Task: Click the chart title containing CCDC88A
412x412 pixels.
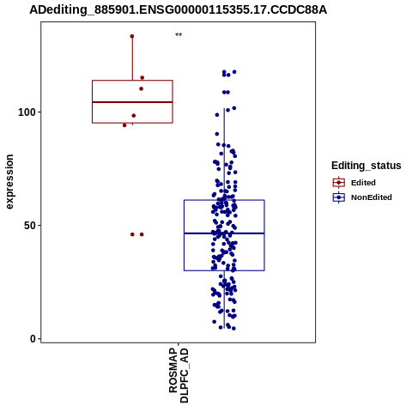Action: (178, 10)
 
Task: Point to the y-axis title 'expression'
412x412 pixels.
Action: (9, 182)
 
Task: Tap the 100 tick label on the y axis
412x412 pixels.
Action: (27, 112)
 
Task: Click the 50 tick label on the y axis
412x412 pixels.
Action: (30, 226)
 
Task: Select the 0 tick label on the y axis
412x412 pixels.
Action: (33, 339)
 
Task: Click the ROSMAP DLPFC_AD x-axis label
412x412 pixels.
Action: (179, 375)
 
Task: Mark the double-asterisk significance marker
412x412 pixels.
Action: (179, 35)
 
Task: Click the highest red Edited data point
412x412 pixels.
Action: (132, 36)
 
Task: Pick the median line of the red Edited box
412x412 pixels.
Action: (132, 102)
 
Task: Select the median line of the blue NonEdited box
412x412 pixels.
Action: (224, 233)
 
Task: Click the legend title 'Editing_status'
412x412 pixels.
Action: (367, 166)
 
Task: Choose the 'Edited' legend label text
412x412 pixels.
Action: (363, 183)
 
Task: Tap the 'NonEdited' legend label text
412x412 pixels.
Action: (372, 197)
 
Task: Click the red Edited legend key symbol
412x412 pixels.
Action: (339, 183)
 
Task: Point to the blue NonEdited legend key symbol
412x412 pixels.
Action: (339, 197)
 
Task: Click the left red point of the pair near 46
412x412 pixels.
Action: (132, 234)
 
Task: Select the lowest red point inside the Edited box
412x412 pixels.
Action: (134, 116)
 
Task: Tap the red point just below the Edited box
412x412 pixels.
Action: (124, 125)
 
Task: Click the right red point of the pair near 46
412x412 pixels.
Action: (142, 234)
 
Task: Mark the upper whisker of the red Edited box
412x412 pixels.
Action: (132, 58)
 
